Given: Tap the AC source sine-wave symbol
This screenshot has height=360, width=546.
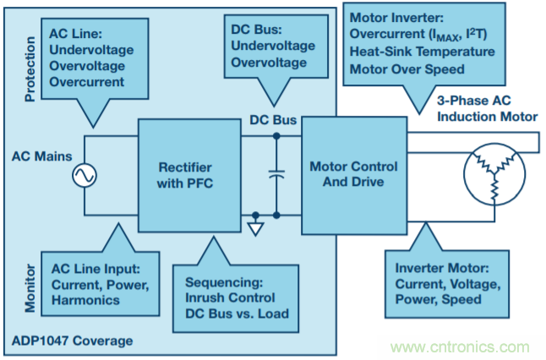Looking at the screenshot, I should coord(85,176).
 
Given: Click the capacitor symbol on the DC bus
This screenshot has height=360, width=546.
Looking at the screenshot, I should coord(276,175).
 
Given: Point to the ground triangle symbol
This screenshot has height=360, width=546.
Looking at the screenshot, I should coord(257,226).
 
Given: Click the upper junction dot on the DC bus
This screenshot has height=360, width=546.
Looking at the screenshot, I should coord(276,134).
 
